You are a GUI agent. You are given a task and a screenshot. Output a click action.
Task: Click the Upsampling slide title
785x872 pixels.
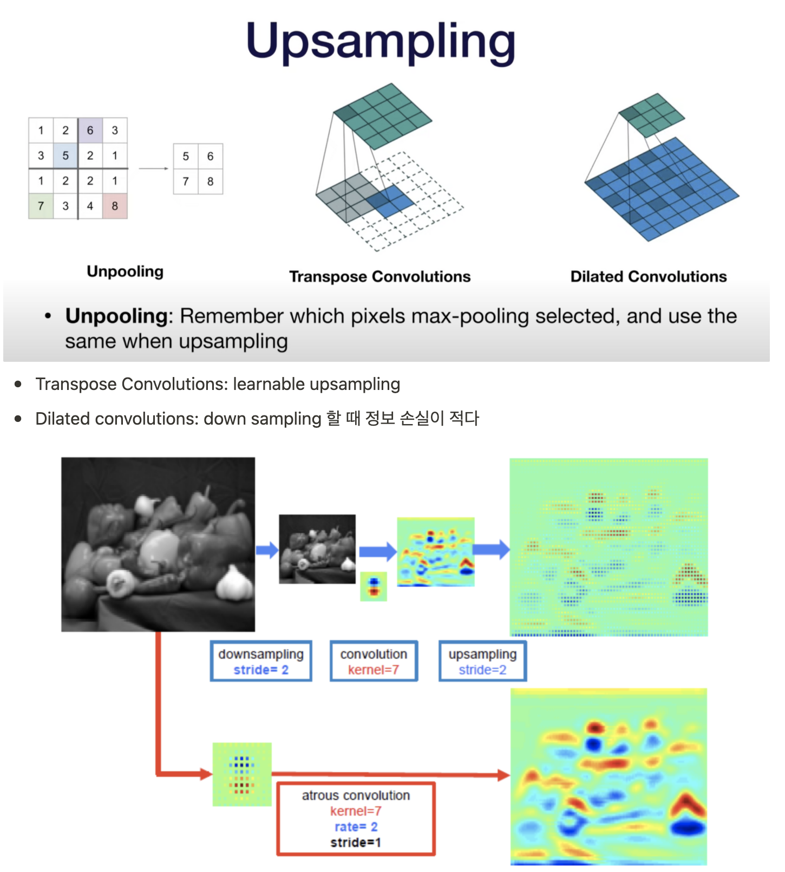(x=381, y=42)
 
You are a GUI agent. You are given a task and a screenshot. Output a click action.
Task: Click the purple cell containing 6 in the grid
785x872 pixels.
(x=90, y=131)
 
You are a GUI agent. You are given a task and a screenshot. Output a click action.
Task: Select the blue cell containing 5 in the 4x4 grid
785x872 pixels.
(x=66, y=156)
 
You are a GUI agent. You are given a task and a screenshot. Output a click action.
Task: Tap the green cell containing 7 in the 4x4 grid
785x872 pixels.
(x=41, y=206)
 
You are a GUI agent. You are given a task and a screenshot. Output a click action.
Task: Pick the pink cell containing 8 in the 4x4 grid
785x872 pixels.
(x=115, y=206)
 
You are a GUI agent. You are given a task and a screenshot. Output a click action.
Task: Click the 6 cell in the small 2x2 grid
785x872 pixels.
(x=210, y=157)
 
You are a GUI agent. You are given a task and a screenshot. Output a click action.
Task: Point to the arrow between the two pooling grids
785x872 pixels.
(x=154, y=168)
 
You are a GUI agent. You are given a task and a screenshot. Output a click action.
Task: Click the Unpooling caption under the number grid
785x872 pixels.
(x=125, y=271)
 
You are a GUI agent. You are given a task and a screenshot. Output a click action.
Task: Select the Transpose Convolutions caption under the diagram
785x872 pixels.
(x=380, y=277)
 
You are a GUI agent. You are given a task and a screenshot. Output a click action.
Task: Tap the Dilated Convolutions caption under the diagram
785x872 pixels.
(x=648, y=277)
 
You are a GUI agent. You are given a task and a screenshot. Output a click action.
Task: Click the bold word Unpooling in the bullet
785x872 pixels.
(x=116, y=316)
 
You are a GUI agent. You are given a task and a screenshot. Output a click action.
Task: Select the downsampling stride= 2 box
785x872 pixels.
(x=261, y=661)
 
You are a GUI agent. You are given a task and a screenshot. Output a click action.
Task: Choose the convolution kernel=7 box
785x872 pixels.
(x=374, y=661)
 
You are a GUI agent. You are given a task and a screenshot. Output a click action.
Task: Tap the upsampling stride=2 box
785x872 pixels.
(x=482, y=661)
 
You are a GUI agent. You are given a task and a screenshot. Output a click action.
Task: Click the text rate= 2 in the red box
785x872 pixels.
(x=356, y=827)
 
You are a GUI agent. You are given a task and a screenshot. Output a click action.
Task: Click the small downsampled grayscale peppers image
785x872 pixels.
(x=317, y=549)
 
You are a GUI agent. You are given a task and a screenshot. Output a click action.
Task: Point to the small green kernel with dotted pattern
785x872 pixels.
(x=242, y=774)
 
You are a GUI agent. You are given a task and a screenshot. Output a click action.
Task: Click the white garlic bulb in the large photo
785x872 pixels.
(x=235, y=583)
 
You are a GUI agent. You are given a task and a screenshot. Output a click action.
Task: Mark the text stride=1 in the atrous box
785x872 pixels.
(x=356, y=842)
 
